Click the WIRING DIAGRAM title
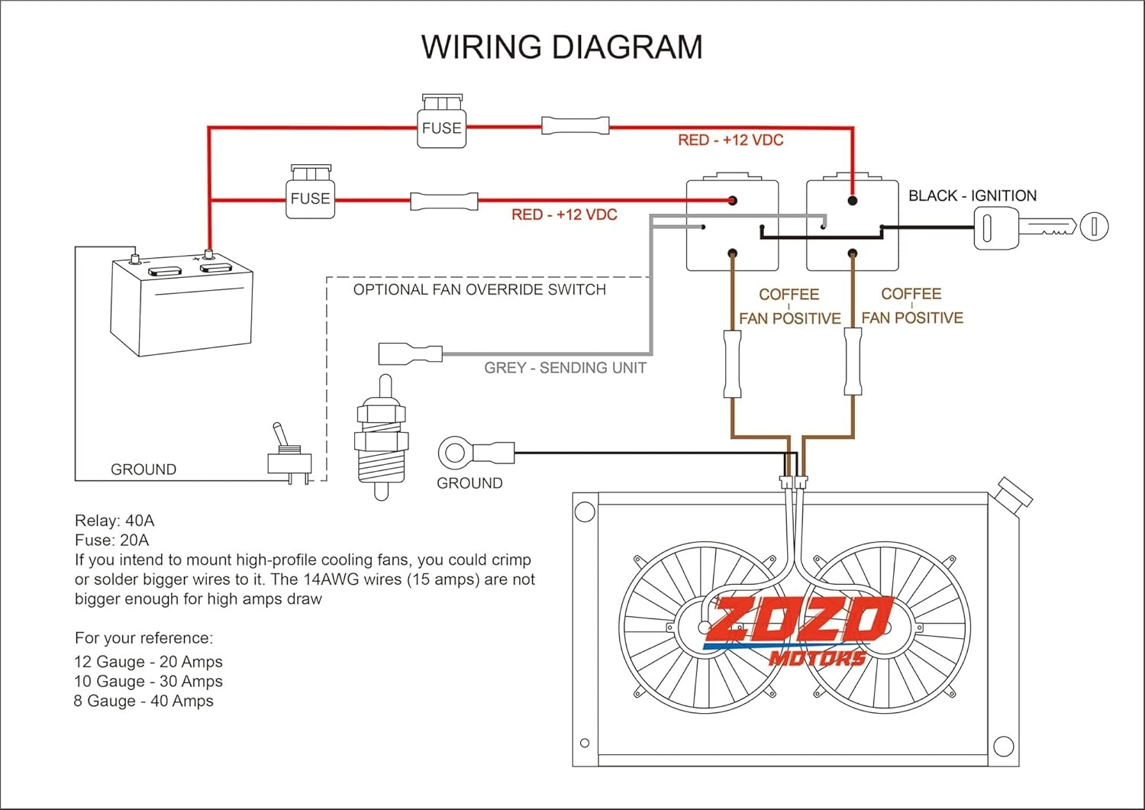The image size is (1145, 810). point(562,47)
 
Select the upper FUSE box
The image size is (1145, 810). point(442,121)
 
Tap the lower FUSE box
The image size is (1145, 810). point(310,192)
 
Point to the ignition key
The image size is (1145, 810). point(1040,227)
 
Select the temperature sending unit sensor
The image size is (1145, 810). point(382,437)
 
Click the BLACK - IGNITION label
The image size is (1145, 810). point(972,195)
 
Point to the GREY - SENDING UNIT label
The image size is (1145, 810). point(565,368)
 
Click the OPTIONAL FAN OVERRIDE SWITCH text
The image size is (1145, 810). point(479,289)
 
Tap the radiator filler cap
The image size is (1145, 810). point(1015,492)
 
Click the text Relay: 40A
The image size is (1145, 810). point(114,521)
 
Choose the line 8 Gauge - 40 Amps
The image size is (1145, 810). point(144,701)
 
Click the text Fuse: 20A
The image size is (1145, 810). point(112,540)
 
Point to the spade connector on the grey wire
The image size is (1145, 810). point(410,354)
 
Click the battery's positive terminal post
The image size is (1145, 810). point(208,253)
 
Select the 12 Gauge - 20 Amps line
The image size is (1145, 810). point(148,662)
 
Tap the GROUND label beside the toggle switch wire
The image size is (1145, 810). point(144,470)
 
